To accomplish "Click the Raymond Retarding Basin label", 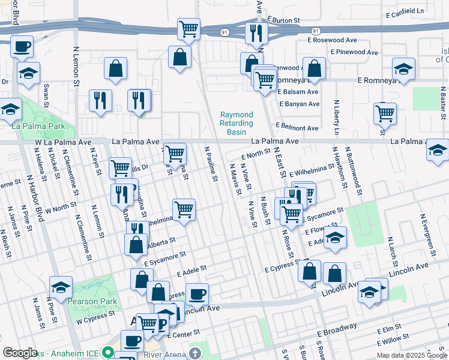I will [237, 123].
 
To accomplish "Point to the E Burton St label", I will [283, 20].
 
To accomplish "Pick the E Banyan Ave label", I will [298, 104].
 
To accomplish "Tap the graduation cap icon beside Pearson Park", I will [61, 287].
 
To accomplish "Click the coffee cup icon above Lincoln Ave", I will [196, 294].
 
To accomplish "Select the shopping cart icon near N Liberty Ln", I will [385, 112].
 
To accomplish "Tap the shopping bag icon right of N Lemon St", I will [115, 69].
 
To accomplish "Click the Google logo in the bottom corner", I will [20, 353].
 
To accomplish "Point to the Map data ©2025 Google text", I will [411, 355].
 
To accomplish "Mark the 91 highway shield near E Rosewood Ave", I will [315, 30].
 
